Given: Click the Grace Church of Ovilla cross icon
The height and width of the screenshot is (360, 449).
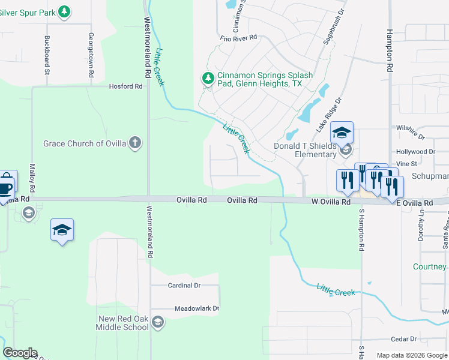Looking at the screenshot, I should tap(136, 143).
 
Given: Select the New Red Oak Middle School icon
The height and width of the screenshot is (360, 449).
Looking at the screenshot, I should tap(157, 322).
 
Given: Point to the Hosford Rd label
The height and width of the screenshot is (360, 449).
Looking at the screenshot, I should tap(125, 86).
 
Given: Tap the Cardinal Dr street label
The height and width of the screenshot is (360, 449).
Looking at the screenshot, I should tap(184, 286).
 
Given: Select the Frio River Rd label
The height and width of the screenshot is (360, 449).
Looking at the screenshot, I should tap(238, 37).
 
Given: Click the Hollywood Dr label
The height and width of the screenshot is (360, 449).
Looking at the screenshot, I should tap(415, 152).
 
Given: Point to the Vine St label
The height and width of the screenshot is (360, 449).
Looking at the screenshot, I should tap(406, 163).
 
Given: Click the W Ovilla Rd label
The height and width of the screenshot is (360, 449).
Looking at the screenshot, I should tap(331, 203).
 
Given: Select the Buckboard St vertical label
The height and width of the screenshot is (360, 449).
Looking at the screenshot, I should tap(47, 55).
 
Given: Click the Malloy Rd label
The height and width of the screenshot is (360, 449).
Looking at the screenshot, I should tap(32, 178).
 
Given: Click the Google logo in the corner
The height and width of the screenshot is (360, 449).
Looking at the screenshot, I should tap(20, 353).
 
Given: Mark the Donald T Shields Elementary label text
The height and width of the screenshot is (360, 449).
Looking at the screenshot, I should tap(305, 150).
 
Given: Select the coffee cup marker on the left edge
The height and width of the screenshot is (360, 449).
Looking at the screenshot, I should tap(4, 187).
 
